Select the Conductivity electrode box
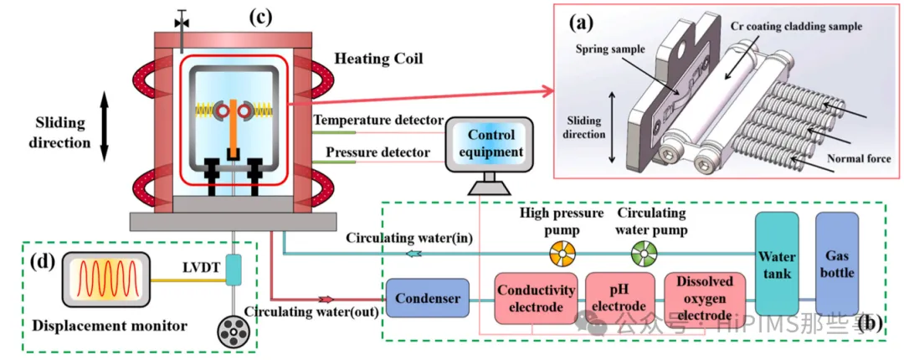pyautogui.click(x=537, y=298)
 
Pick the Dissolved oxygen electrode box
pyautogui.click(x=704, y=298)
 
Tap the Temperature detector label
pyautogui.click(x=372, y=121)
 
